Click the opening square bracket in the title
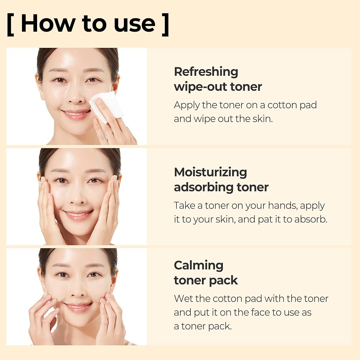coord(10,24)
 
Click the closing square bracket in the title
coord(165,24)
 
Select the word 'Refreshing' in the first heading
coord(206,72)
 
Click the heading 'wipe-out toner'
coord(218,87)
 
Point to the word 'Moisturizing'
coord(210,172)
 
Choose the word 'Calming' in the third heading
coord(198,265)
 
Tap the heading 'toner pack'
coord(206,280)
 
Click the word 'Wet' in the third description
coord(183,298)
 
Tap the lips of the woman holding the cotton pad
coord(76,114)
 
